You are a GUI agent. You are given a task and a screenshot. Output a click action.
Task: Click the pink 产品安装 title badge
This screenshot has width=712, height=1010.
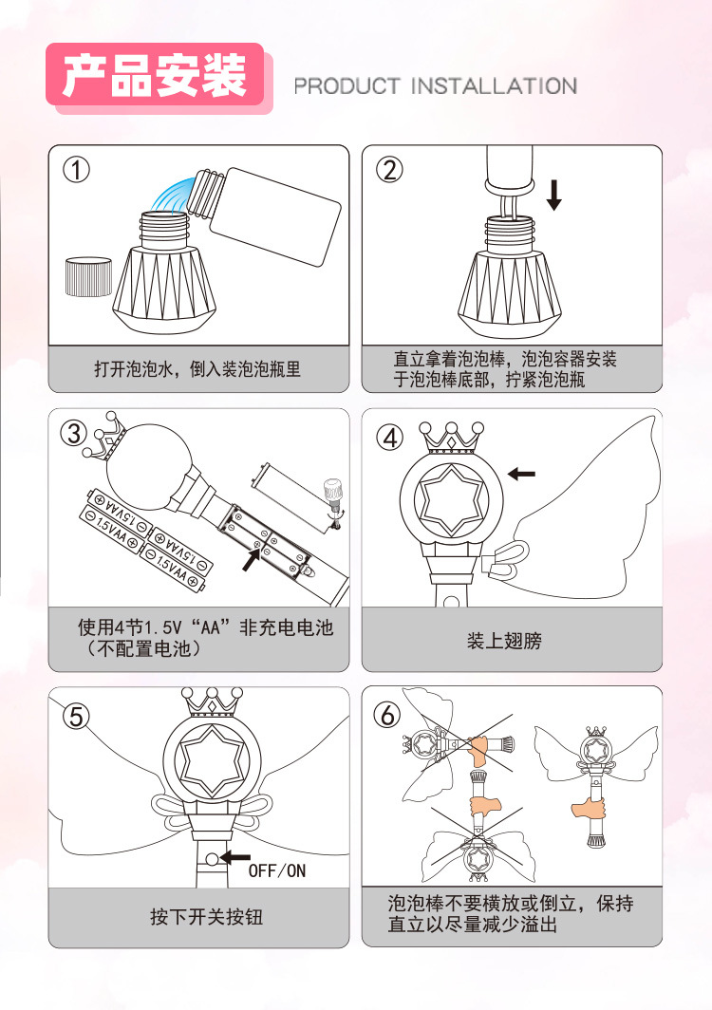tap(155, 77)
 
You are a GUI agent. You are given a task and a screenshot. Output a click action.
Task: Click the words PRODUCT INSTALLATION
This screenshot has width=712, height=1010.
tap(435, 86)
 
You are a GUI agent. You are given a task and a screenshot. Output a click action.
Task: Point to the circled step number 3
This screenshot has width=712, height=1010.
tap(74, 433)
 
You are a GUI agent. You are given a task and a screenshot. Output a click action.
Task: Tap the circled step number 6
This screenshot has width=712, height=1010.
tap(389, 715)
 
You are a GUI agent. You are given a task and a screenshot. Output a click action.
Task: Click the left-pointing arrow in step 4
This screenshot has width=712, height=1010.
tap(520, 473)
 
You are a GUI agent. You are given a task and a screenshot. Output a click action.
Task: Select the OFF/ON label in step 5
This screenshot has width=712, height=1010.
tap(277, 870)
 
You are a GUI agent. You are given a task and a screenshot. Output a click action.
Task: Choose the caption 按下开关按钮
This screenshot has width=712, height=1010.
tap(205, 916)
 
